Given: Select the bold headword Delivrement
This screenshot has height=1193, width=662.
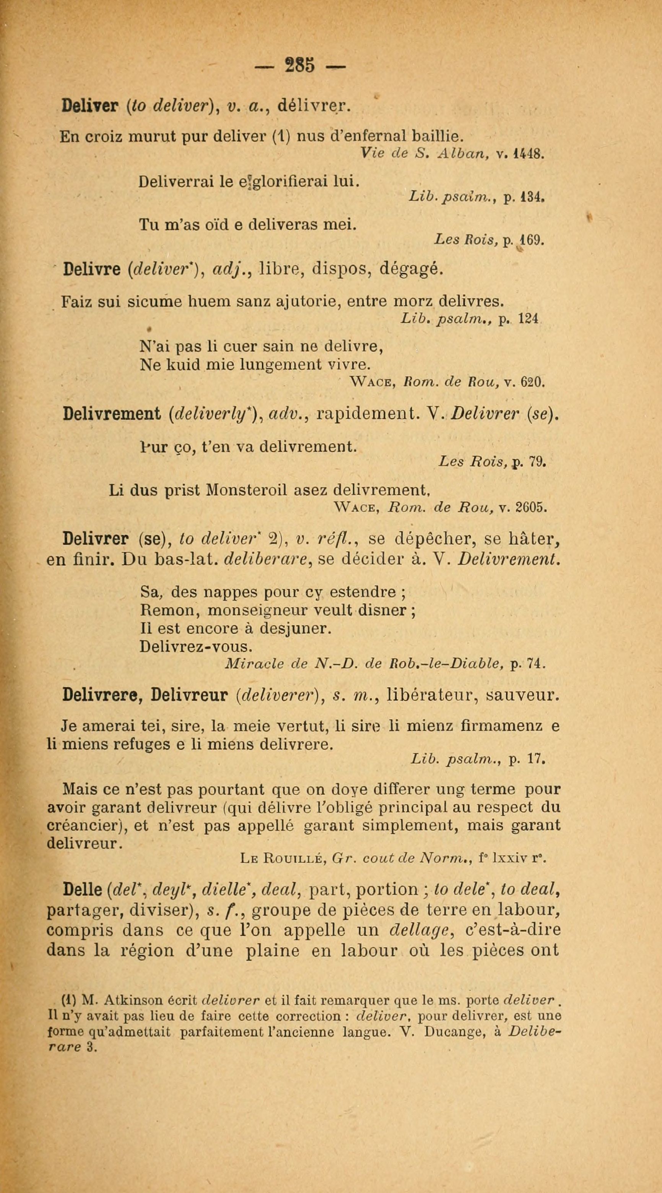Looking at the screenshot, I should (x=111, y=414).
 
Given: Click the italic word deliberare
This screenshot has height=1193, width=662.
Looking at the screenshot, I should (x=263, y=560).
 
